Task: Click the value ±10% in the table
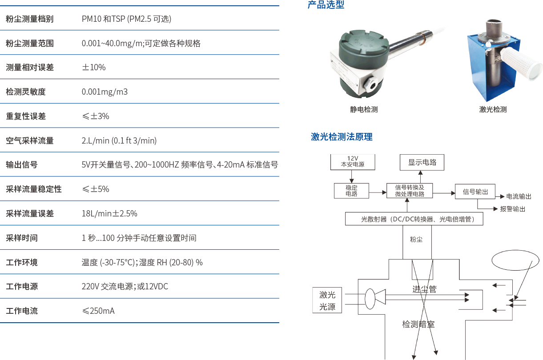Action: [93, 68]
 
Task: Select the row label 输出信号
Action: [21, 165]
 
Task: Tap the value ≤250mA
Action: [98, 311]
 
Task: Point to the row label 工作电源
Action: [21, 287]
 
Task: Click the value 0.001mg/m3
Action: [105, 92]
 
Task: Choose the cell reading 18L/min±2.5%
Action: [109, 213]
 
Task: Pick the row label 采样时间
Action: [21, 238]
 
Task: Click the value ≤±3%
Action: [95, 116]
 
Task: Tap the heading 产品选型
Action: [326, 5]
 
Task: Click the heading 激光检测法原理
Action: [342, 137]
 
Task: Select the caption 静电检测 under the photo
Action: [364, 109]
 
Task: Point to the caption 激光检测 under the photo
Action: [493, 109]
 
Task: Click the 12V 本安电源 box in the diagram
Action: [352, 162]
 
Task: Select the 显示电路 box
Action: [422, 162]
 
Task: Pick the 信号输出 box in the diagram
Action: [475, 192]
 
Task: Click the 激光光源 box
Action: [327, 301]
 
